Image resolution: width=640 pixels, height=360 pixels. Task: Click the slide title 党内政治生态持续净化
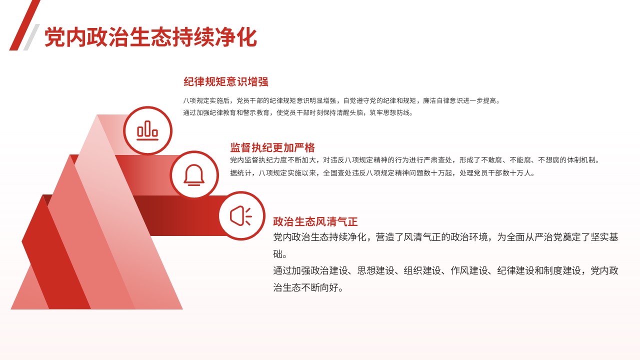coord(150,37)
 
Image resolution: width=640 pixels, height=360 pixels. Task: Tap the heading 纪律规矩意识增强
coord(225,81)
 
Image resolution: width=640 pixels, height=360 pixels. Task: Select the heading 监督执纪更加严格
coord(272,147)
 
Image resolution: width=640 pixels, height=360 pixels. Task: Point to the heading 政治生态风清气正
coord(315,221)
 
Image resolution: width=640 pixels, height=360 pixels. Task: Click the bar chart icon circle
coord(147,130)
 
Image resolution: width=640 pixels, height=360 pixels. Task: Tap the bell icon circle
coord(194,175)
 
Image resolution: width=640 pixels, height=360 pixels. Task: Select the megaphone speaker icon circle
coord(242,215)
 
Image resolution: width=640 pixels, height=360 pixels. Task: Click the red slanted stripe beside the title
coord(25,25)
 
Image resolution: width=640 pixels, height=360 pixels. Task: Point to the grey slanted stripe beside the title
coord(31,37)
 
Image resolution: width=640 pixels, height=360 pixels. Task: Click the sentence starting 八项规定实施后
coord(341,100)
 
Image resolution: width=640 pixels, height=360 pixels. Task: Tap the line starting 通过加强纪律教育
coord(298,112)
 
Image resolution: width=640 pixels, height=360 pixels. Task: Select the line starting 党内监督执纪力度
coord(415,160)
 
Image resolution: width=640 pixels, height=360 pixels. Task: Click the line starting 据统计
coord(382,173)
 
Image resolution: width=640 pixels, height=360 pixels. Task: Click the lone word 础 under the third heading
coord(278,253)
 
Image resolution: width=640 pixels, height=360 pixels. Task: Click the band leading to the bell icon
coord(143,175)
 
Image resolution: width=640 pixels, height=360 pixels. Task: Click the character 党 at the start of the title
coord(54,37)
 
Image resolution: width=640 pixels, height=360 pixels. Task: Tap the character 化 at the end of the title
coord(247,37)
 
